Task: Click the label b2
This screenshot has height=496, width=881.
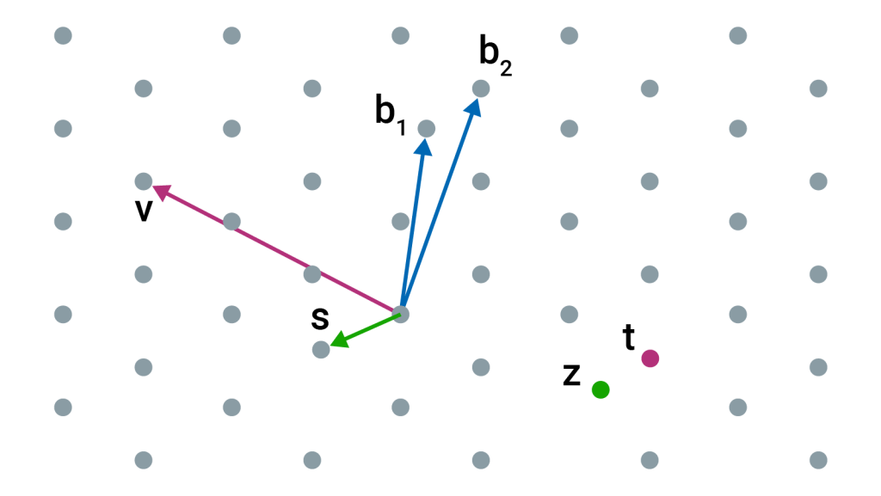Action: [x=495, y=57]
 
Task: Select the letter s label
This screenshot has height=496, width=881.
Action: [x=320, y=318]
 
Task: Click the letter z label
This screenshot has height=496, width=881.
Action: [x=571, y=376]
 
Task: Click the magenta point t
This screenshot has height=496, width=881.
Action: [x=650, y=358]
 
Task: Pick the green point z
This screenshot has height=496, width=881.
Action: [x=601, y=390]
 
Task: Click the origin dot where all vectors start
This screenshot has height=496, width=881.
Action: [x=400, y=314]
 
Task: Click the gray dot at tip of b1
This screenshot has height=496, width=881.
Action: [x=426, y=128]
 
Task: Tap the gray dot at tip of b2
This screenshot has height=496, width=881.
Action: [x=481, y=88]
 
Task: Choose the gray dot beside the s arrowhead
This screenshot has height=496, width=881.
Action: [x=321, y=350]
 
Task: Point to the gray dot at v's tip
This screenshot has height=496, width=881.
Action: [x=144, y=181]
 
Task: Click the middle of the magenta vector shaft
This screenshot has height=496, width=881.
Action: [x=275, y=250]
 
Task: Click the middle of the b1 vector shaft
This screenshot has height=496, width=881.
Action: [x=412, y=225]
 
